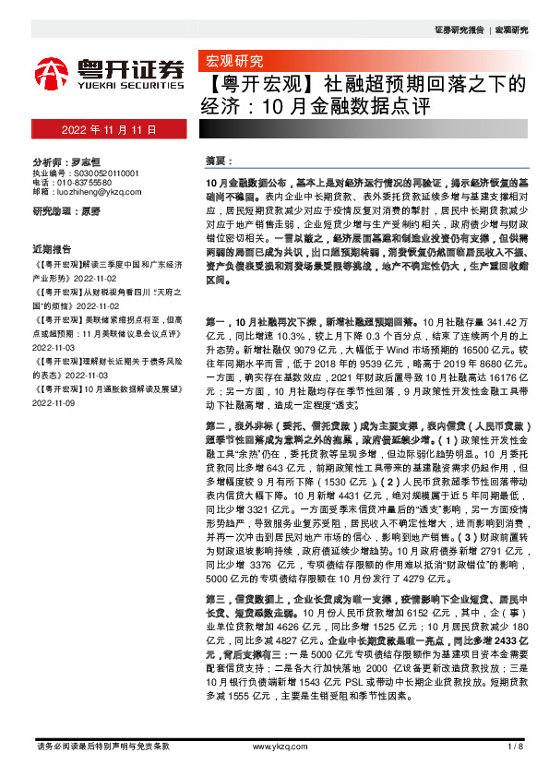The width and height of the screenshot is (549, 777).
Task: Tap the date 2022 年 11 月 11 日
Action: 109,126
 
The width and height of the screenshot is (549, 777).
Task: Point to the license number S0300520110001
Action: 99,173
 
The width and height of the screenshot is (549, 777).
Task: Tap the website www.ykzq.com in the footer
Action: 273,745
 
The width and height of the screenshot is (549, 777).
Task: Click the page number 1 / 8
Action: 516,745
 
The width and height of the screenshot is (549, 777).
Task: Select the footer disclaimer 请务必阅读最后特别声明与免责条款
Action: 101,745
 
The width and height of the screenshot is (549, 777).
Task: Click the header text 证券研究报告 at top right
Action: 459,30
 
